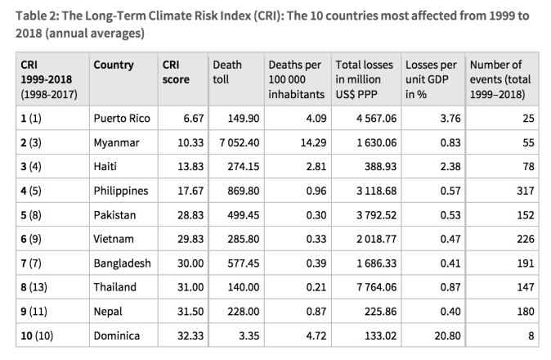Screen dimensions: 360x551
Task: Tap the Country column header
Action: click(114, 65)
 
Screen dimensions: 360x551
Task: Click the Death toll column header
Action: click(227, 72)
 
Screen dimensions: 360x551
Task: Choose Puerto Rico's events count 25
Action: click(528, 118)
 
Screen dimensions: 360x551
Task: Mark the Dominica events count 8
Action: click(531, 335)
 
